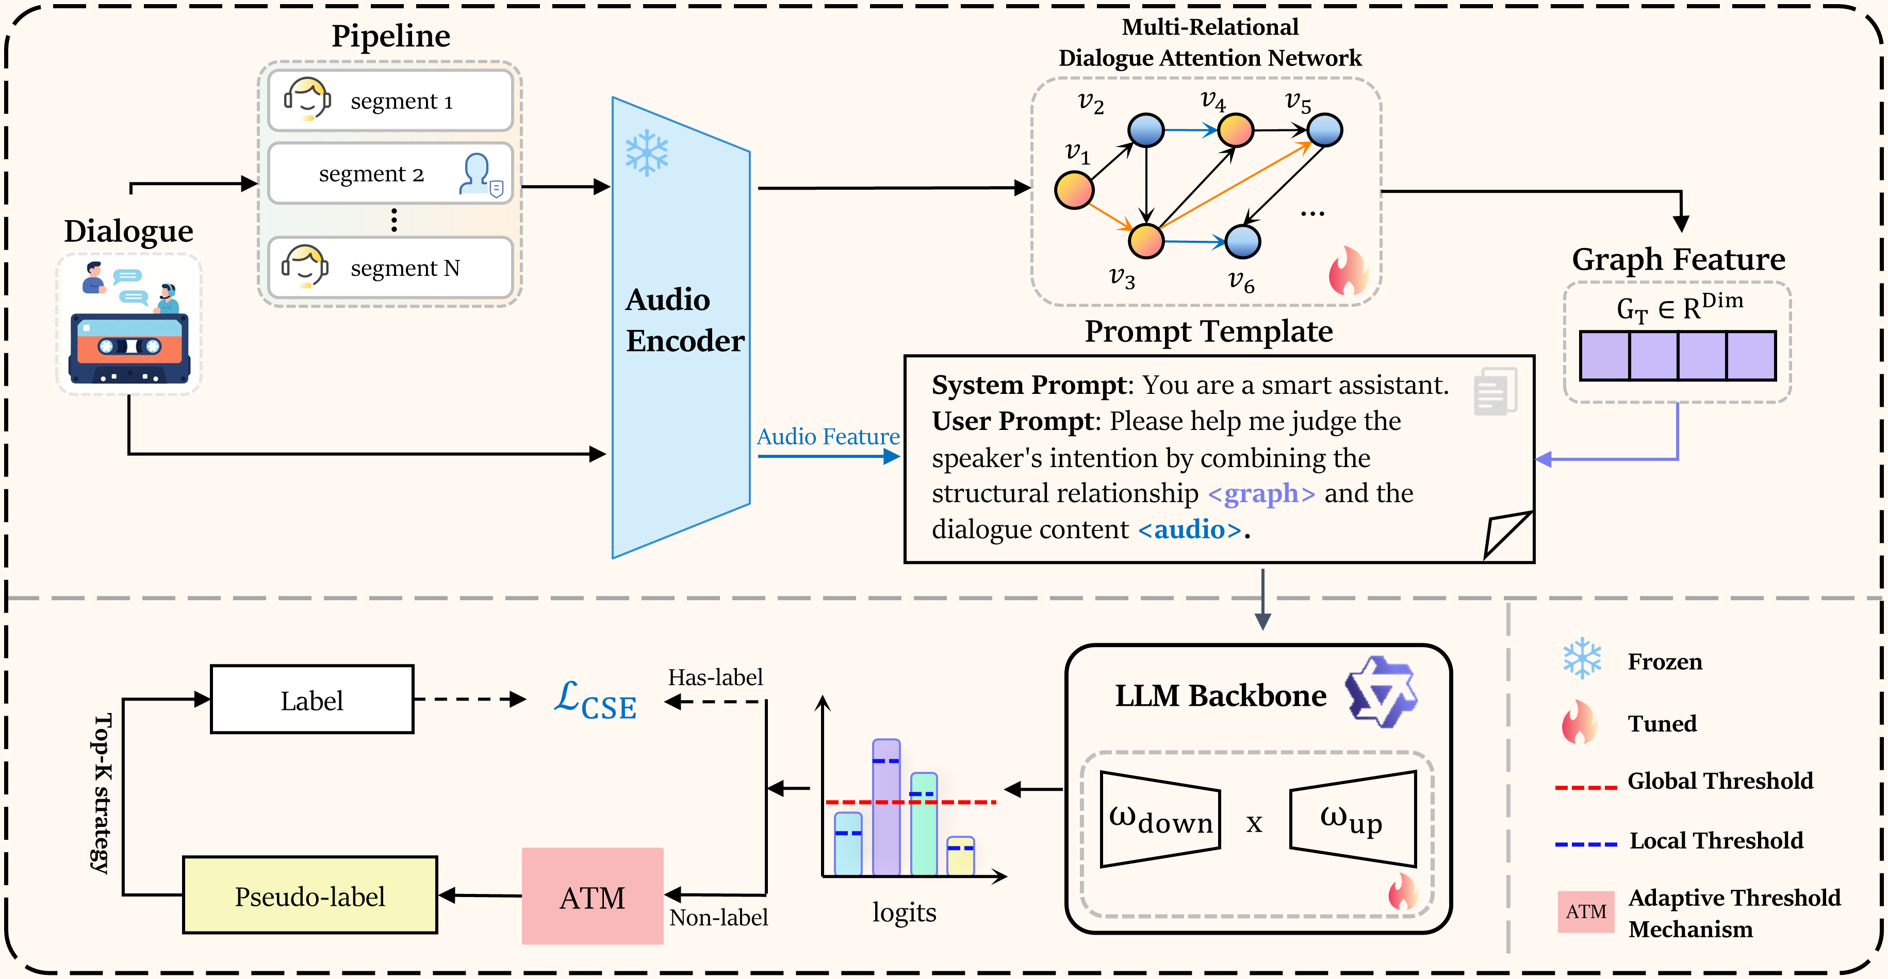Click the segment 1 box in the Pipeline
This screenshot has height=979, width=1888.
point(390,101)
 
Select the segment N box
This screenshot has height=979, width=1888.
point(390,268)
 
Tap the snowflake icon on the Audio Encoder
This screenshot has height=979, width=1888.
point(646,153)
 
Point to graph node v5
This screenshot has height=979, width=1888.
point(1324,130)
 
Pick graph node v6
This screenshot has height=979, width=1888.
point(1242,241)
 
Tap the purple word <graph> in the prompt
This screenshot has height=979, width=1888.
point(1260,493)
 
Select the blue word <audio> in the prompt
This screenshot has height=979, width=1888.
point(1190,529)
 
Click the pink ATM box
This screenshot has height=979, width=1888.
point(592,896)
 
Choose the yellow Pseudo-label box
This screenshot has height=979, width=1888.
point(310,895)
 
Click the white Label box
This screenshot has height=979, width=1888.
point(311,700)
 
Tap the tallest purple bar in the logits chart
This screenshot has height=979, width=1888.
point(885,806)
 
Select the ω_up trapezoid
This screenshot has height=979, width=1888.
point(1353,819)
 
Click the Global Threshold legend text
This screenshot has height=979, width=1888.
point(1719,781)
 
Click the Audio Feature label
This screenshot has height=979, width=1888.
point(828,437)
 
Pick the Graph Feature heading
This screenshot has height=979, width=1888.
point(1678,259)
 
